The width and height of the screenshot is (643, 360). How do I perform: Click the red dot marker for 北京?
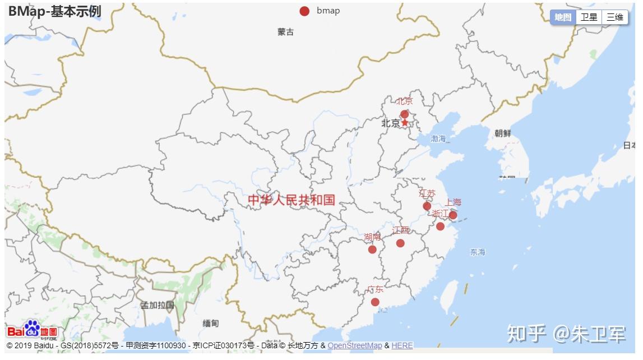click(x=404, y=114)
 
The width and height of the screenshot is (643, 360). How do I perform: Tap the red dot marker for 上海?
click(x=453, y=215)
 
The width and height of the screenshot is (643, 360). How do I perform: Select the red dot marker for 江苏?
click(x=427, y=206)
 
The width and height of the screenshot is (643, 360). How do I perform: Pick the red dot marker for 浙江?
click(x=440, y=227)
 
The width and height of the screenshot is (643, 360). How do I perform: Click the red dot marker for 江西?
click(x=400, y=243)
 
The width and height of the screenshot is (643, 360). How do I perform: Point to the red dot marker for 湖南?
click(x=372, y=250)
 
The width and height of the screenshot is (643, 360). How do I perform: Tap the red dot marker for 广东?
click(x=375, y=302)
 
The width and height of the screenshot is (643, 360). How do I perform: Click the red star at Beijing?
click(x=405, y=123)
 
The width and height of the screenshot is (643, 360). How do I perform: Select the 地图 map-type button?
click(x=563, y=17)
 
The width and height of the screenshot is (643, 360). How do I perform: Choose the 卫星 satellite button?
click(x=589, y=17)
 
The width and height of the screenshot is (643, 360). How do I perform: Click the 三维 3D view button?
click(x=614, y=17)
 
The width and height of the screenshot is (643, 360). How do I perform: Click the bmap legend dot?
click(x=304, y=11)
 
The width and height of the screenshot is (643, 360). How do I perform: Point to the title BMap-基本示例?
click(x=54, y=11)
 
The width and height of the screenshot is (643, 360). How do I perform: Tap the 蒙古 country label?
click(x=285, y=32)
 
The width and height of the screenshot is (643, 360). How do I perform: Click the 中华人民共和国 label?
click(x=291, y=200)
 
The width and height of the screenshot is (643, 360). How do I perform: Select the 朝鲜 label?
click(x=503, y=133)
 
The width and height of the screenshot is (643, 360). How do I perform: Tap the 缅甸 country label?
click(x=211, y=324)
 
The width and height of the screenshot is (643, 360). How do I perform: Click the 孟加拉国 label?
click(x=158, y=306)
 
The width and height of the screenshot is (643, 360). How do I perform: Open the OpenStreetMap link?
click(x=355, y=345)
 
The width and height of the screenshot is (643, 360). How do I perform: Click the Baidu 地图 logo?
click(x=32, y=330)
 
